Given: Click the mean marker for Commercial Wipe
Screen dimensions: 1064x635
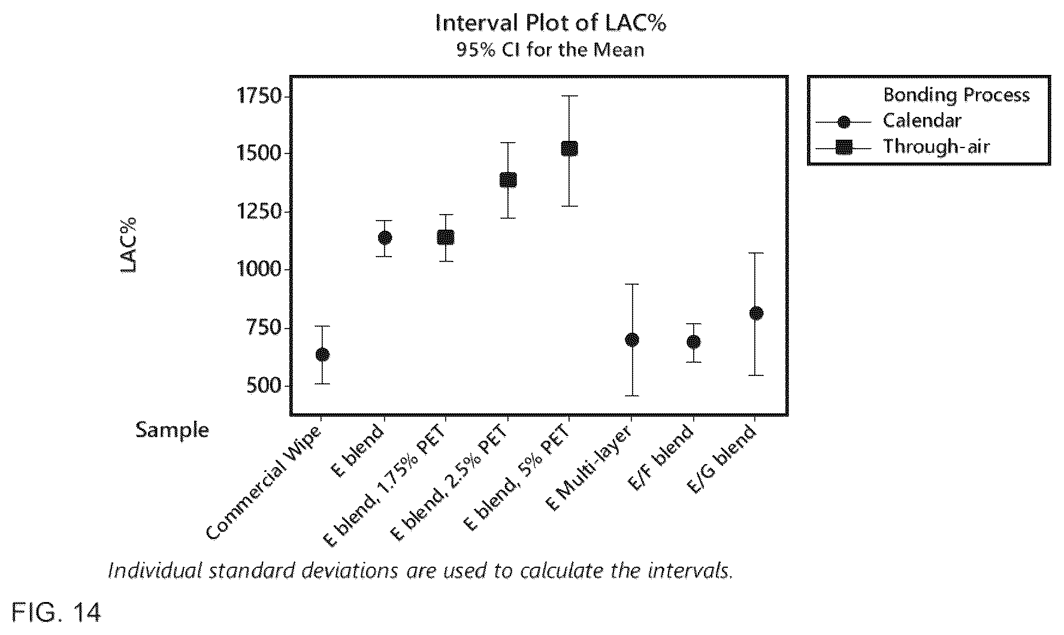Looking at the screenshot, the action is [322, 354].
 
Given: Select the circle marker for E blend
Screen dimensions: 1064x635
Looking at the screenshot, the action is [385, 237].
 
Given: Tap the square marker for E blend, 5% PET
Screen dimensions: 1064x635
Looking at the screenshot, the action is [569, 148].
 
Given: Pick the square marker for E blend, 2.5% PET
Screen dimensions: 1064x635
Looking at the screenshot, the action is [508, 180].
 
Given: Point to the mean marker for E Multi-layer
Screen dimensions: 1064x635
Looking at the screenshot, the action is [632, 340].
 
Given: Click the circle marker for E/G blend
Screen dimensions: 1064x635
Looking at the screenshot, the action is [756, 313].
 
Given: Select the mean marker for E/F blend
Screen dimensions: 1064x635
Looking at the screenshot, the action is [694, 342].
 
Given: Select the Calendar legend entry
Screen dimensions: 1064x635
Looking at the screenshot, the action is [922, 121].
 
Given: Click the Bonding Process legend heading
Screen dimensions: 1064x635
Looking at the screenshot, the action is [956, 95].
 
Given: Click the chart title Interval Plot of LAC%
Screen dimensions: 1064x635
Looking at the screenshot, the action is [551, 23].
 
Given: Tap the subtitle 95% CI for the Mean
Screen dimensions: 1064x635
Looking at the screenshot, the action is [551, 49].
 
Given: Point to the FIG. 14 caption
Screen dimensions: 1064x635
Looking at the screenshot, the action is [56, 613].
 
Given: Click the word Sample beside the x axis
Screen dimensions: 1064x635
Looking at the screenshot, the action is [172, 430].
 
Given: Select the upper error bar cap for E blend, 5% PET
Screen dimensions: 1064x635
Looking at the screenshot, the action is [569, 95].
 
